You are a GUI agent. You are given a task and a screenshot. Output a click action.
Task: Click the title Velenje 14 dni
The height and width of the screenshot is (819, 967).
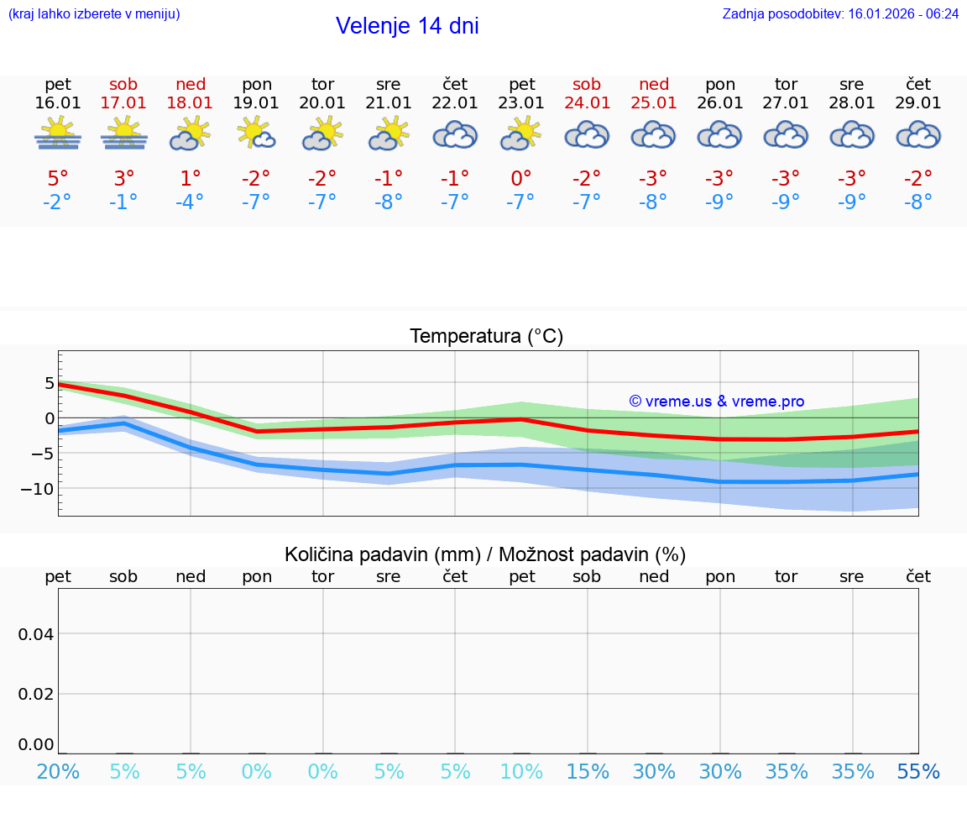[407, 26]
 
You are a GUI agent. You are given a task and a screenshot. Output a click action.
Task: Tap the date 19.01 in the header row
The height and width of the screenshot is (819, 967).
[256, 103]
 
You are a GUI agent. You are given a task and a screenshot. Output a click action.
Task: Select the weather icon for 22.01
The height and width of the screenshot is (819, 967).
[455, 134]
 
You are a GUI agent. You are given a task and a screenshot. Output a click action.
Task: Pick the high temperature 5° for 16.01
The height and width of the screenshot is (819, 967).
[58, 179]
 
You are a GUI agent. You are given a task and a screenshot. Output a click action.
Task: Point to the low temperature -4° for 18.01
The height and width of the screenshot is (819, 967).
[190, 202]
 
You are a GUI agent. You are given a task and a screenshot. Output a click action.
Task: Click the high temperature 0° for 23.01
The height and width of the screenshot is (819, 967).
[521, 179]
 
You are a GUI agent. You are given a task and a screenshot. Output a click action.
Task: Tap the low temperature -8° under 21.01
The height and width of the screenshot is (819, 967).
[389, 202]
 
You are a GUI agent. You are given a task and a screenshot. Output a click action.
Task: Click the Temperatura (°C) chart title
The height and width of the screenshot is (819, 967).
[486, 337]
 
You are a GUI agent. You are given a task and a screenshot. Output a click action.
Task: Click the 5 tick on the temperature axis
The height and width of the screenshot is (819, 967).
[50, 383]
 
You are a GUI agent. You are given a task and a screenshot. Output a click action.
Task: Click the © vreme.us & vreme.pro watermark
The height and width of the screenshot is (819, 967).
[716, 402]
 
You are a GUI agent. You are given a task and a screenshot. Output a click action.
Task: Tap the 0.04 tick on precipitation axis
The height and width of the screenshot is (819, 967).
[36, 634]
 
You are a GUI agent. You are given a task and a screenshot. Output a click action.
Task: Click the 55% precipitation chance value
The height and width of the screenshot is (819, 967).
[918, 772]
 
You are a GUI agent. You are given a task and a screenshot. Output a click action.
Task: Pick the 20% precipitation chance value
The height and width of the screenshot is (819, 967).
[58, 772]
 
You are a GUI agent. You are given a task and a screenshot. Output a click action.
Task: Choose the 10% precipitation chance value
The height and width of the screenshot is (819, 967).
[521, 772]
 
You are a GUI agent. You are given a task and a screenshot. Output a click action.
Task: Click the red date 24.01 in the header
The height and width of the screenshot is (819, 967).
[587, 103]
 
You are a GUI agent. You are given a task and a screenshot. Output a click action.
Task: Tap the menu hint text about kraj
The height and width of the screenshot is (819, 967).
[94, 14]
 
